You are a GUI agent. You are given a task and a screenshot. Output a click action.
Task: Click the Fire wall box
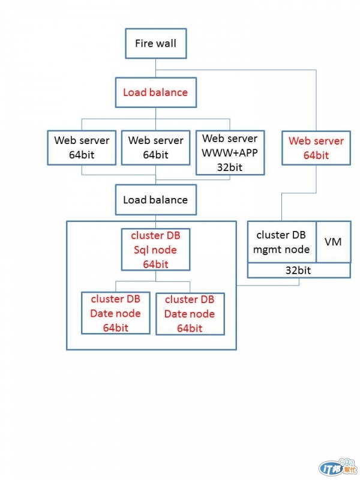pyautogui.click(x=155, y=44)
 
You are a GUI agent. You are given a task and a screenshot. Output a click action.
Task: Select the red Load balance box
pyautogui.click(x=155, y=92)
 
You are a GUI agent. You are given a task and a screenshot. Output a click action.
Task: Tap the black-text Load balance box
pyautogui.click(x=155, y=200)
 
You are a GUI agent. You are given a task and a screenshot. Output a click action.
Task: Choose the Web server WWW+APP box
pyautogui.click(x=229, y=154)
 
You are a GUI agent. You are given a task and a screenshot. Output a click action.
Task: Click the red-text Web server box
pyautogui.click(x=316, y=148)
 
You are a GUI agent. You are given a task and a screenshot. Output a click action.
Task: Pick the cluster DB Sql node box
pyautogui.click(x=155, y=250)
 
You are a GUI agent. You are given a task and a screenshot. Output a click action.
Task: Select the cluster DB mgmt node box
pyautogui.click(x=282, y=242)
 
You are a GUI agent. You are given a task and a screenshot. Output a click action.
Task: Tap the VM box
pyautogui.click(x=333, y=242)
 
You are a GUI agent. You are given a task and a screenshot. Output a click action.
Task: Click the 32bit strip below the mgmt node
pyautogui.click(x=298, y=271)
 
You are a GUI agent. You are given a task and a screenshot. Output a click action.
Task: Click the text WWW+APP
pyautogui.click(x=229, y=154)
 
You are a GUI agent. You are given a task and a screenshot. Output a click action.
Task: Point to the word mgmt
pyautogui.click(x=269, y=249)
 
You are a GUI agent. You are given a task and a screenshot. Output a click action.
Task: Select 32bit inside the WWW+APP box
pyautogui.click(x=229, y=167)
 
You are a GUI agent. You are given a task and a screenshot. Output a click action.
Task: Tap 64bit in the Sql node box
pyautogui.click(x=155, y=264)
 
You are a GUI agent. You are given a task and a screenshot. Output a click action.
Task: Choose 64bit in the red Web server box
pyautogui.click(x=316, y=155)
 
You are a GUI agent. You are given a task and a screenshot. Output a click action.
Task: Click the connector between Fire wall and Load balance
pyautogui.click(x=155, y=68)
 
